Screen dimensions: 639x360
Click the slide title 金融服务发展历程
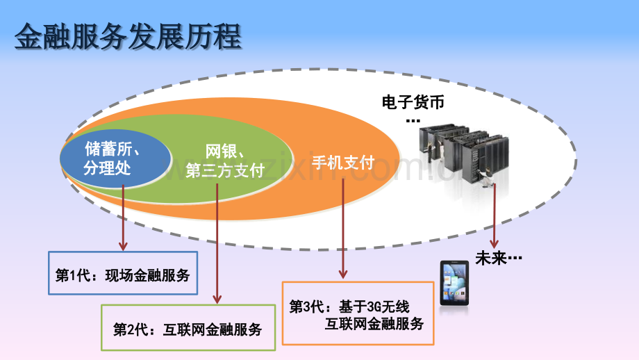point(128,37)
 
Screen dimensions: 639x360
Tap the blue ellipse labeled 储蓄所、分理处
point(115,158)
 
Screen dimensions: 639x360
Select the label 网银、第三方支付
point(225,161)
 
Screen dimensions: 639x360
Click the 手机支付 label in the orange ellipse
point(343,162)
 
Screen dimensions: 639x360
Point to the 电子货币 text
point(413,102)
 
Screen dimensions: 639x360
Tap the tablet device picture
point(454,283)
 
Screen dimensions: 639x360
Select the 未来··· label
point(499,258)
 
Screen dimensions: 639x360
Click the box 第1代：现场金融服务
point(123,273)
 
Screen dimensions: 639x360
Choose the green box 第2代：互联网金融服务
point(188,327)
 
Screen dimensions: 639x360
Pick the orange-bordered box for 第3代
point(358,313)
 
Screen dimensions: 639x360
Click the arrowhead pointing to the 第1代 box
point(123,246)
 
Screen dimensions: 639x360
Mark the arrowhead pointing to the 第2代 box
point(217,299)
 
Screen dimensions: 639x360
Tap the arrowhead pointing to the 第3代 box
point(343,274)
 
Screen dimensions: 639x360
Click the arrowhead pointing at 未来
point(494,243)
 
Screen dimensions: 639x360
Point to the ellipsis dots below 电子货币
point(413,121)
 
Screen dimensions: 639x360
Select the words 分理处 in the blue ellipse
point(107,168)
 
